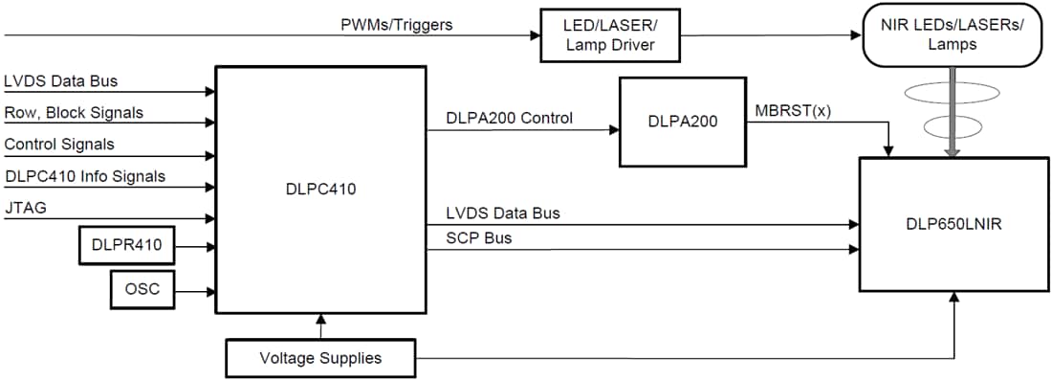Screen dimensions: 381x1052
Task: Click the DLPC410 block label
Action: (320, 190)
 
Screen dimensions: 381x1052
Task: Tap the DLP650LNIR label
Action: (953, 223)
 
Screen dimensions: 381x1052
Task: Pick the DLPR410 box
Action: (127, 248)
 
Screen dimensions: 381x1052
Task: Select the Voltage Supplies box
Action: (320, 358)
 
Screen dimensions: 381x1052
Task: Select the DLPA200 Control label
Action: (510, 119)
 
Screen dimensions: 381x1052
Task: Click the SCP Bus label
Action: (479, 238)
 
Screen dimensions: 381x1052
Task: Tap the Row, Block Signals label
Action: (74, 113)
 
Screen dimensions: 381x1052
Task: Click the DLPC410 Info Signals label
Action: (84, 175)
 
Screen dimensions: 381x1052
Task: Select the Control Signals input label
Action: (59, 145)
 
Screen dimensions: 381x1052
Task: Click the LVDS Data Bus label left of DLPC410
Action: (61, 81)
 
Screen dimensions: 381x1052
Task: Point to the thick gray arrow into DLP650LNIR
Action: (954, 120)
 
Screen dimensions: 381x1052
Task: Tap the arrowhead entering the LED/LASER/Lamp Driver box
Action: (534, 36)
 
